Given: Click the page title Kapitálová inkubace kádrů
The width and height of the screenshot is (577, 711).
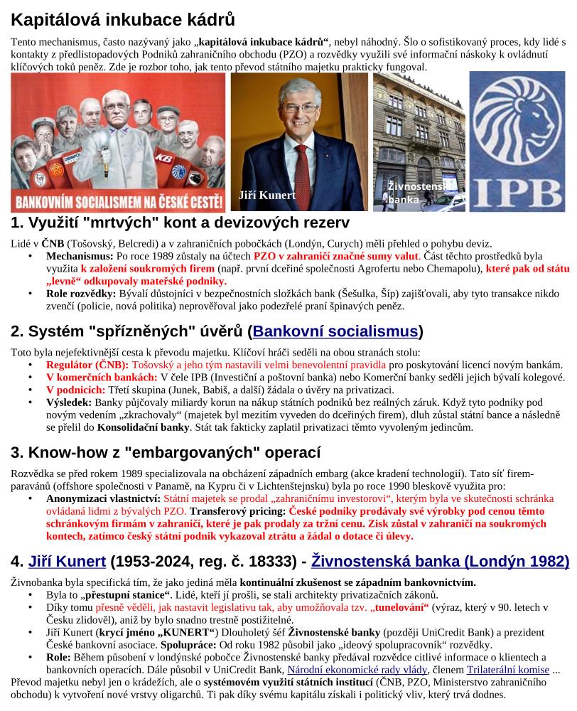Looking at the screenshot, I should [x=123, y=19].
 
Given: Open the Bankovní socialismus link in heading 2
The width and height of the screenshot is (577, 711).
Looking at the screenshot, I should [x=335, y=331].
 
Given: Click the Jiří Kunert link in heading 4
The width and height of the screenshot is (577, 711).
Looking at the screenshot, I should [x=67, y=562].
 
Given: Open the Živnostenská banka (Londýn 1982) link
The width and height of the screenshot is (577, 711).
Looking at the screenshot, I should [x=441, y=562].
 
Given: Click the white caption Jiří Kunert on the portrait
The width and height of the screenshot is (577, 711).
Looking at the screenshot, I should [x=267, y=195].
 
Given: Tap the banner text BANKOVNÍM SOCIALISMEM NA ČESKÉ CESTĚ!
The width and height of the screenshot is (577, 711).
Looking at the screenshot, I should [x=118, y=201].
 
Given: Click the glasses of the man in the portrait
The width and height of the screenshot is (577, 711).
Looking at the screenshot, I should [x=300, y=108].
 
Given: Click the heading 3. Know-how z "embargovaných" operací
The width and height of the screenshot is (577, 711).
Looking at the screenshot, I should [x=166, y=452].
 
